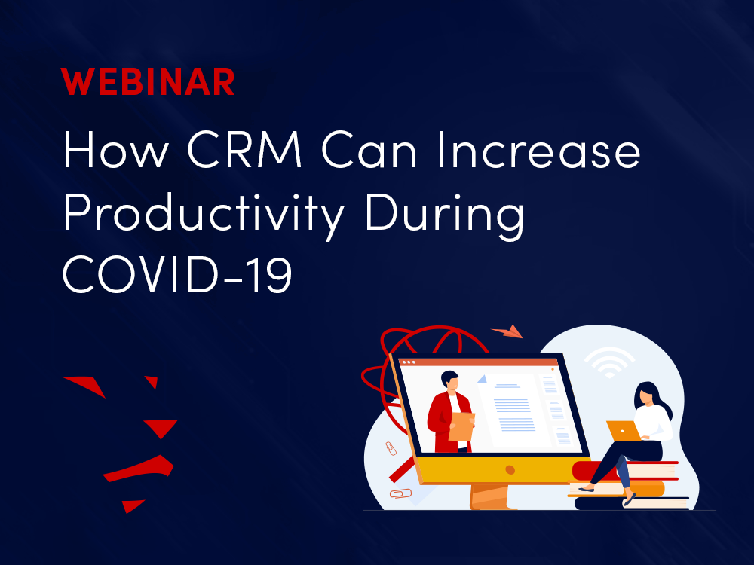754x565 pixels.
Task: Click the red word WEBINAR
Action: point(148,82)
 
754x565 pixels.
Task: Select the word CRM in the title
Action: point(245,149)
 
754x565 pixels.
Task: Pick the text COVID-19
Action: point(177,273)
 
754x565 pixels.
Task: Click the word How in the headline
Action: point(116,149)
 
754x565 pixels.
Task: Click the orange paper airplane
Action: point(507,331)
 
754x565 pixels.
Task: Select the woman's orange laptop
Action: point(624,431)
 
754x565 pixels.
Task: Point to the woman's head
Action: point(647,395)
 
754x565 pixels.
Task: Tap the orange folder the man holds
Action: point(461,426)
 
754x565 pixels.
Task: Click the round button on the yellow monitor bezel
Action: point(510,469)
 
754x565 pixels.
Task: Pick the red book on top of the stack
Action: point(625,470)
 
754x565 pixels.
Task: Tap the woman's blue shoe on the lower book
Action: point(629,500)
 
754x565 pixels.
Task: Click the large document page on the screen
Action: point(513,408)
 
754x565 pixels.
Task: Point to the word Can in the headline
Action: point(369,149)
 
